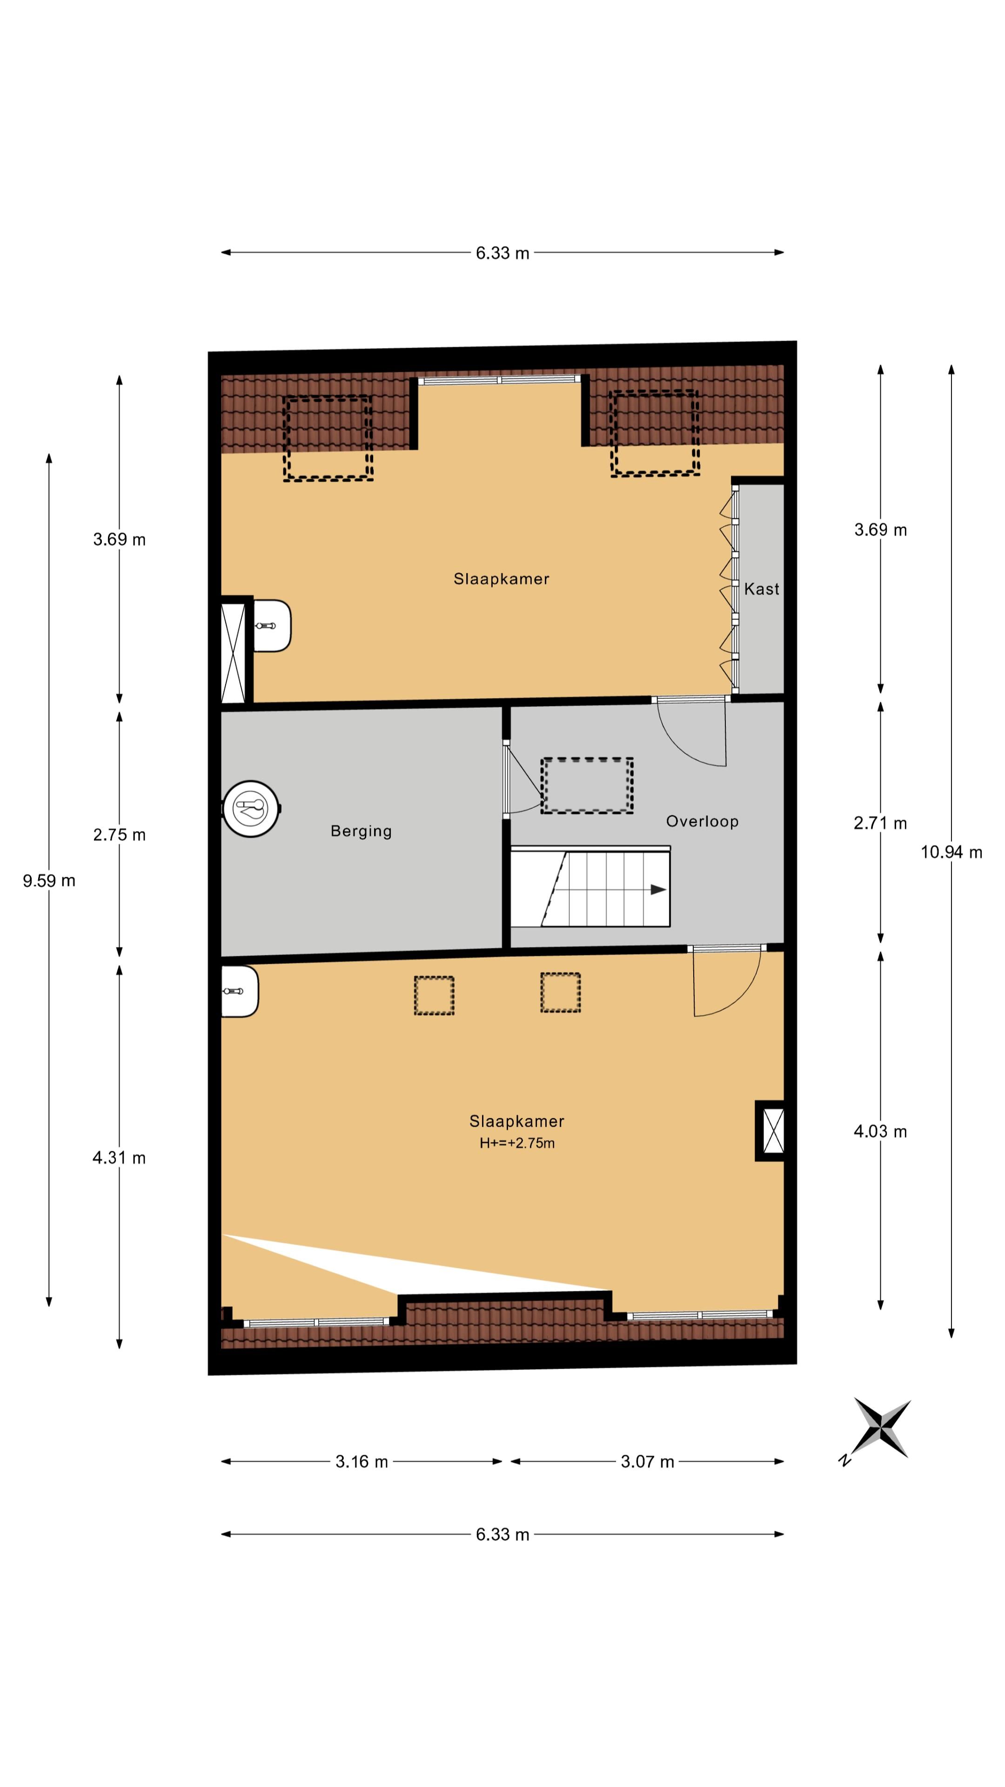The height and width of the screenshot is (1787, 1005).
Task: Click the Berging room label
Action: [361, 831]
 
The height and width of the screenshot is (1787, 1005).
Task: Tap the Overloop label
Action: [702, 821]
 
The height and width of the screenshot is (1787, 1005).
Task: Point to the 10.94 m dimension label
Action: [951, 853]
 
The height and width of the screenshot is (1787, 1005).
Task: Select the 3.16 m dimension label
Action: [362, 1462]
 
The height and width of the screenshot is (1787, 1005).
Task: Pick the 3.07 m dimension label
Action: [647, 1462]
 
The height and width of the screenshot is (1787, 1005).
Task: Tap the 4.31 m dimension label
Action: [119, 1158]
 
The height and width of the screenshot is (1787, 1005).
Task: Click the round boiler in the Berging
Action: [251, 809]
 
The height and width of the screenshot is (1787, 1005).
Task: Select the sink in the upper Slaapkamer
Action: [271, 626]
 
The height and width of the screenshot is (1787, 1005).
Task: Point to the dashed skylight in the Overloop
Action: [587, 785]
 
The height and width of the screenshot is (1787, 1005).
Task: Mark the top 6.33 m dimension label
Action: [502, 253]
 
